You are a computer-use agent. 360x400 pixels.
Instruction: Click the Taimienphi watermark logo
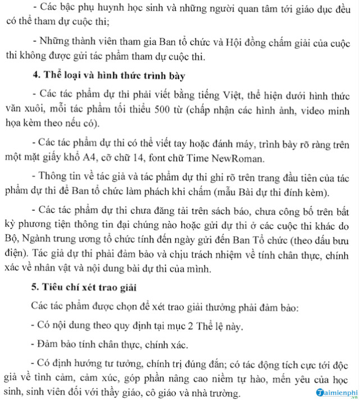[x=331, y=393]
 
